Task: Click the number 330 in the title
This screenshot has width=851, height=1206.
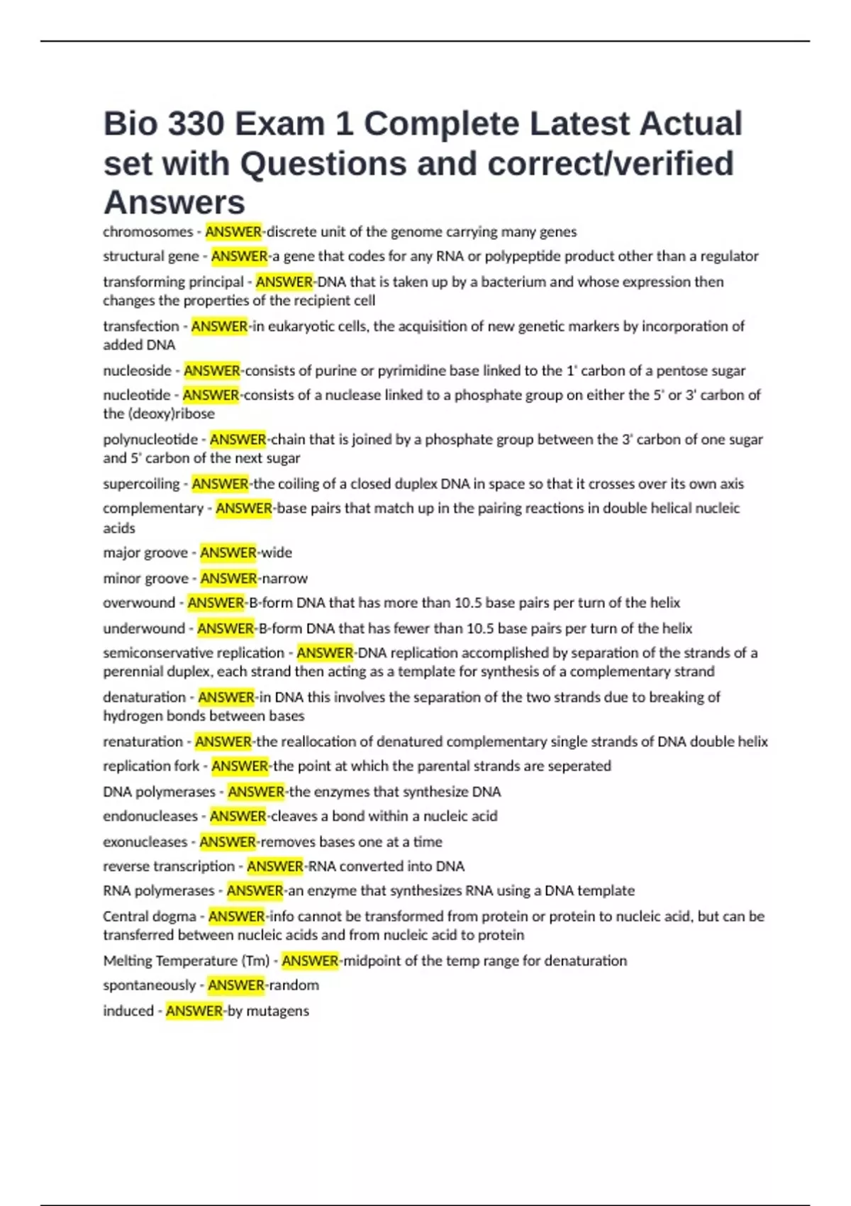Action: pyautogui.click(x=196, y=124)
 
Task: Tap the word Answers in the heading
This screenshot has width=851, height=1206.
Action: pyautogui.click(x=174, y=203)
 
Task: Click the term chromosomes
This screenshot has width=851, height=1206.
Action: pyautogui.click(x=148, y=232)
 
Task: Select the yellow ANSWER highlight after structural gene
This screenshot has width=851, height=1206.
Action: pyautogui.click(x=240, y=256)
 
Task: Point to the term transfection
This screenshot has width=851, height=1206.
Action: pyautogui.click(x=140, y=326)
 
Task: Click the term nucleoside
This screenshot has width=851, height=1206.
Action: pyautogui.click(x=137, y=370)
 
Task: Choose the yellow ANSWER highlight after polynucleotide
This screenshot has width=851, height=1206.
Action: pyautogui.click(x=238, y=439)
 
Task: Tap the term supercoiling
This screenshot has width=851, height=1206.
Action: pyautogui.click(x=141, y=484)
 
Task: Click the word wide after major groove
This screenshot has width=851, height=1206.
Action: pyautogui.click(x=277, y=553)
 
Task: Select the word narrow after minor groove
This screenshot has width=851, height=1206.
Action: pyautogui.click(x=284, y=578)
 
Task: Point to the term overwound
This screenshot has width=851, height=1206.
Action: pyautogui.click(x=139, y=603)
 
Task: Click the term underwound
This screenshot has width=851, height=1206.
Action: pyautogui.click(x=144, y=629)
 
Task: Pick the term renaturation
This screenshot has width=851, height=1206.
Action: pyautogui.click(x=143, y=742)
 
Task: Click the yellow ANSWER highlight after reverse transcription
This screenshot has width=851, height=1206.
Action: pyautogui.click(x=275, y=866)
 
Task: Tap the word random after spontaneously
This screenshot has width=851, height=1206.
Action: pyautogui.click(x=294, y=985)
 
